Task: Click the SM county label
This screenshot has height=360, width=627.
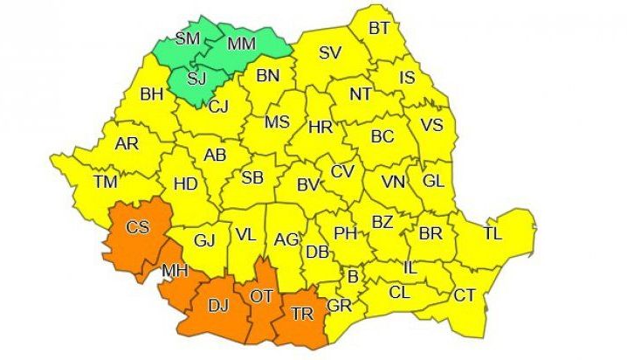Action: tap(188, 38)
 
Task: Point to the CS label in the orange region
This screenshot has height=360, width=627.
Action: tap(138, 228)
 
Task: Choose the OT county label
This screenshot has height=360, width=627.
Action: tap(263, 297)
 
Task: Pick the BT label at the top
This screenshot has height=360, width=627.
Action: tap(379, 29)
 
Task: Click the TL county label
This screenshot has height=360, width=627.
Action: tap(493, 234)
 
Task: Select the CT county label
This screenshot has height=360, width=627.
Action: tap(464, 295)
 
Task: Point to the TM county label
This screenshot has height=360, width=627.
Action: tap(106, 182)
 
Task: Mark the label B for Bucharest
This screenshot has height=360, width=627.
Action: tap(353, 278)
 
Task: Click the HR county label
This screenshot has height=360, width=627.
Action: tap(320, 128)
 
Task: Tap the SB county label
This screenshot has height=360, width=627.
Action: tap(252, 178)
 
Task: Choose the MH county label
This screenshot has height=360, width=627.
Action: tap(176, 272)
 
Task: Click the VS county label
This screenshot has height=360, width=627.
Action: tap(432, 125)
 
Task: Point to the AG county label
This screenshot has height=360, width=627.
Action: tap(286, 239)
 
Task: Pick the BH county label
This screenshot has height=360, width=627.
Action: tap(152, 93)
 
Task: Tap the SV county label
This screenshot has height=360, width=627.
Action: tap(329, 52)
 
